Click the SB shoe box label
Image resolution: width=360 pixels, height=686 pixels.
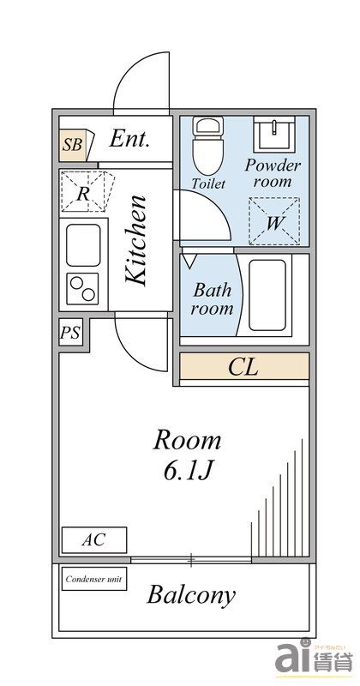click(73, 145)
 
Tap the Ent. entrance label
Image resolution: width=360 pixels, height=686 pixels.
click(130, 140)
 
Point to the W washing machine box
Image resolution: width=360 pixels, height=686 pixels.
click(273, 220)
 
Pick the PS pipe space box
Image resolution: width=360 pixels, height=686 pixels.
click(71, 333)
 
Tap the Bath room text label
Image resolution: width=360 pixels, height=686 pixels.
click(212, 299)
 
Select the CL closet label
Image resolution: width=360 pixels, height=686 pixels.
click(243, 368)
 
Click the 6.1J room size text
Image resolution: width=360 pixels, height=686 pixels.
click(187, 471)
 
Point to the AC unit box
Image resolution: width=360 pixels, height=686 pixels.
click(93, 540)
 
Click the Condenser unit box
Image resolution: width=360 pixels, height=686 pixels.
click(94, 579)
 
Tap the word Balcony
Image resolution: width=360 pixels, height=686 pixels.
click(191, 595)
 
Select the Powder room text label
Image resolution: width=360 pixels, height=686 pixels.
click(273, 173)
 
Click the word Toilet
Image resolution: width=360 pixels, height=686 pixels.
click(209, 184)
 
